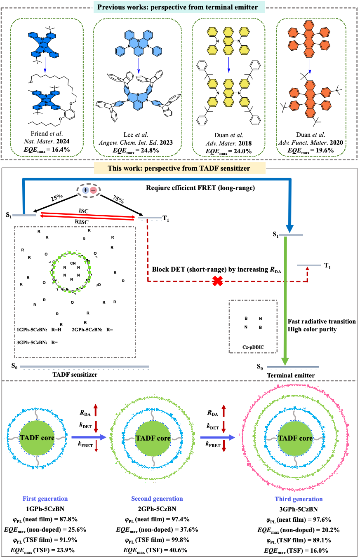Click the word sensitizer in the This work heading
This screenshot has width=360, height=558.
click(235, 168)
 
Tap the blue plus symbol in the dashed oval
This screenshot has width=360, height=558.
click(85, 190)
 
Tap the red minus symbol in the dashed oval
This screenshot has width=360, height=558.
click(93, 190)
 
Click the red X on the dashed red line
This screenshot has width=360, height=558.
click(217, 281)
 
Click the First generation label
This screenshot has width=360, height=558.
click(45, 499)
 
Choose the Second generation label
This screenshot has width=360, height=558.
click(157, 499)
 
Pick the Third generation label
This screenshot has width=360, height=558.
click(299, 499)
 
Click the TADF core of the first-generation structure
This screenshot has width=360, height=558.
click(37, 438)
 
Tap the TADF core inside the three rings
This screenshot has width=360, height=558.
click(295, 438)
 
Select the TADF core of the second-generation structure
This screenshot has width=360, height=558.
click(153, 438)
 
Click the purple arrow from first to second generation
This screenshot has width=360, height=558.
click(89, 437)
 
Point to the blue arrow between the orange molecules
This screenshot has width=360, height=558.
click(310, 66)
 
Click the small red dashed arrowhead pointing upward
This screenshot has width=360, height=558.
click(307, 269)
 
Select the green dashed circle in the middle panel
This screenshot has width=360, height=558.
click(71, 253)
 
